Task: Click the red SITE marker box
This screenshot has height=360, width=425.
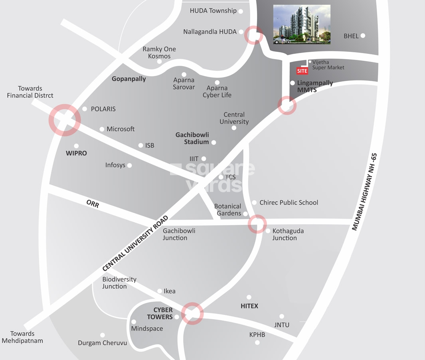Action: pyautogui.click(x=302, y=71)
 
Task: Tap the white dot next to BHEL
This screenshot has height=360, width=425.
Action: pyautogui.click(x=363, y=36)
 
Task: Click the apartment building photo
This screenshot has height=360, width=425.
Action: pyautogui.click(x=302, y=24)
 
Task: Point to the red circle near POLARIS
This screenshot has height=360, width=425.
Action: pyautogui.click(x=65, y=120)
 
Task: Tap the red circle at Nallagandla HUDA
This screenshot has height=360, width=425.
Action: pyautogui.click(x=253, y=35)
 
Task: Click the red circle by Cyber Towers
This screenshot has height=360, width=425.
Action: pyautogui.click(x=192, y=313)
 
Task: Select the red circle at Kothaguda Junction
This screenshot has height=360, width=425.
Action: pyautogui.click(x=257, y=224)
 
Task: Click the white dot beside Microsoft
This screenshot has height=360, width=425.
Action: pyautogui.click(x=102, y=129)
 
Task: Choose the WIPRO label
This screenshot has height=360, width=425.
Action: pyautogui.click(x=76, y=153)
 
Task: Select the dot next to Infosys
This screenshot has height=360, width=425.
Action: pyautogui.click(x=129, y=165)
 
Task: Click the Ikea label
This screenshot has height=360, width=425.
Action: pyautogui.click(x=170, y=291)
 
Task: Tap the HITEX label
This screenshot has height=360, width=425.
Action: pyautogui.click(x=249, y=306)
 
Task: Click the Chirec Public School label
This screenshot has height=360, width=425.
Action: pyautogui.click(x=289, y=203)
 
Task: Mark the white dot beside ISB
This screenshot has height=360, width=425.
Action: pyautogui.click(x=140, y=146)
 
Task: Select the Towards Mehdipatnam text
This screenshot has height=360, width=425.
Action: pyautogui.click(x=22, y=337)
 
